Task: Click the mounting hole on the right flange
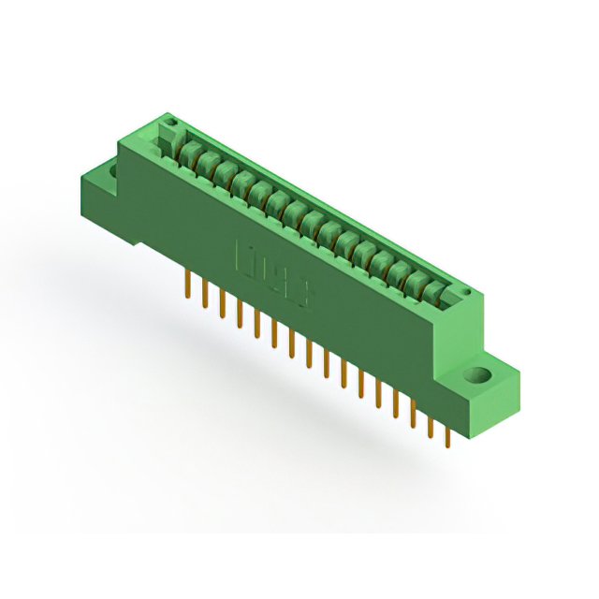tap(479, 376)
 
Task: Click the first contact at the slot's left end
tap(187, 153)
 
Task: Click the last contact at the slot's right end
tap(432, 294)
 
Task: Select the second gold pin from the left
tap(204, 292)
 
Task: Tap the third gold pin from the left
tap(222, 301)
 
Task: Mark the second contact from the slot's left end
tap(205, 163)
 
